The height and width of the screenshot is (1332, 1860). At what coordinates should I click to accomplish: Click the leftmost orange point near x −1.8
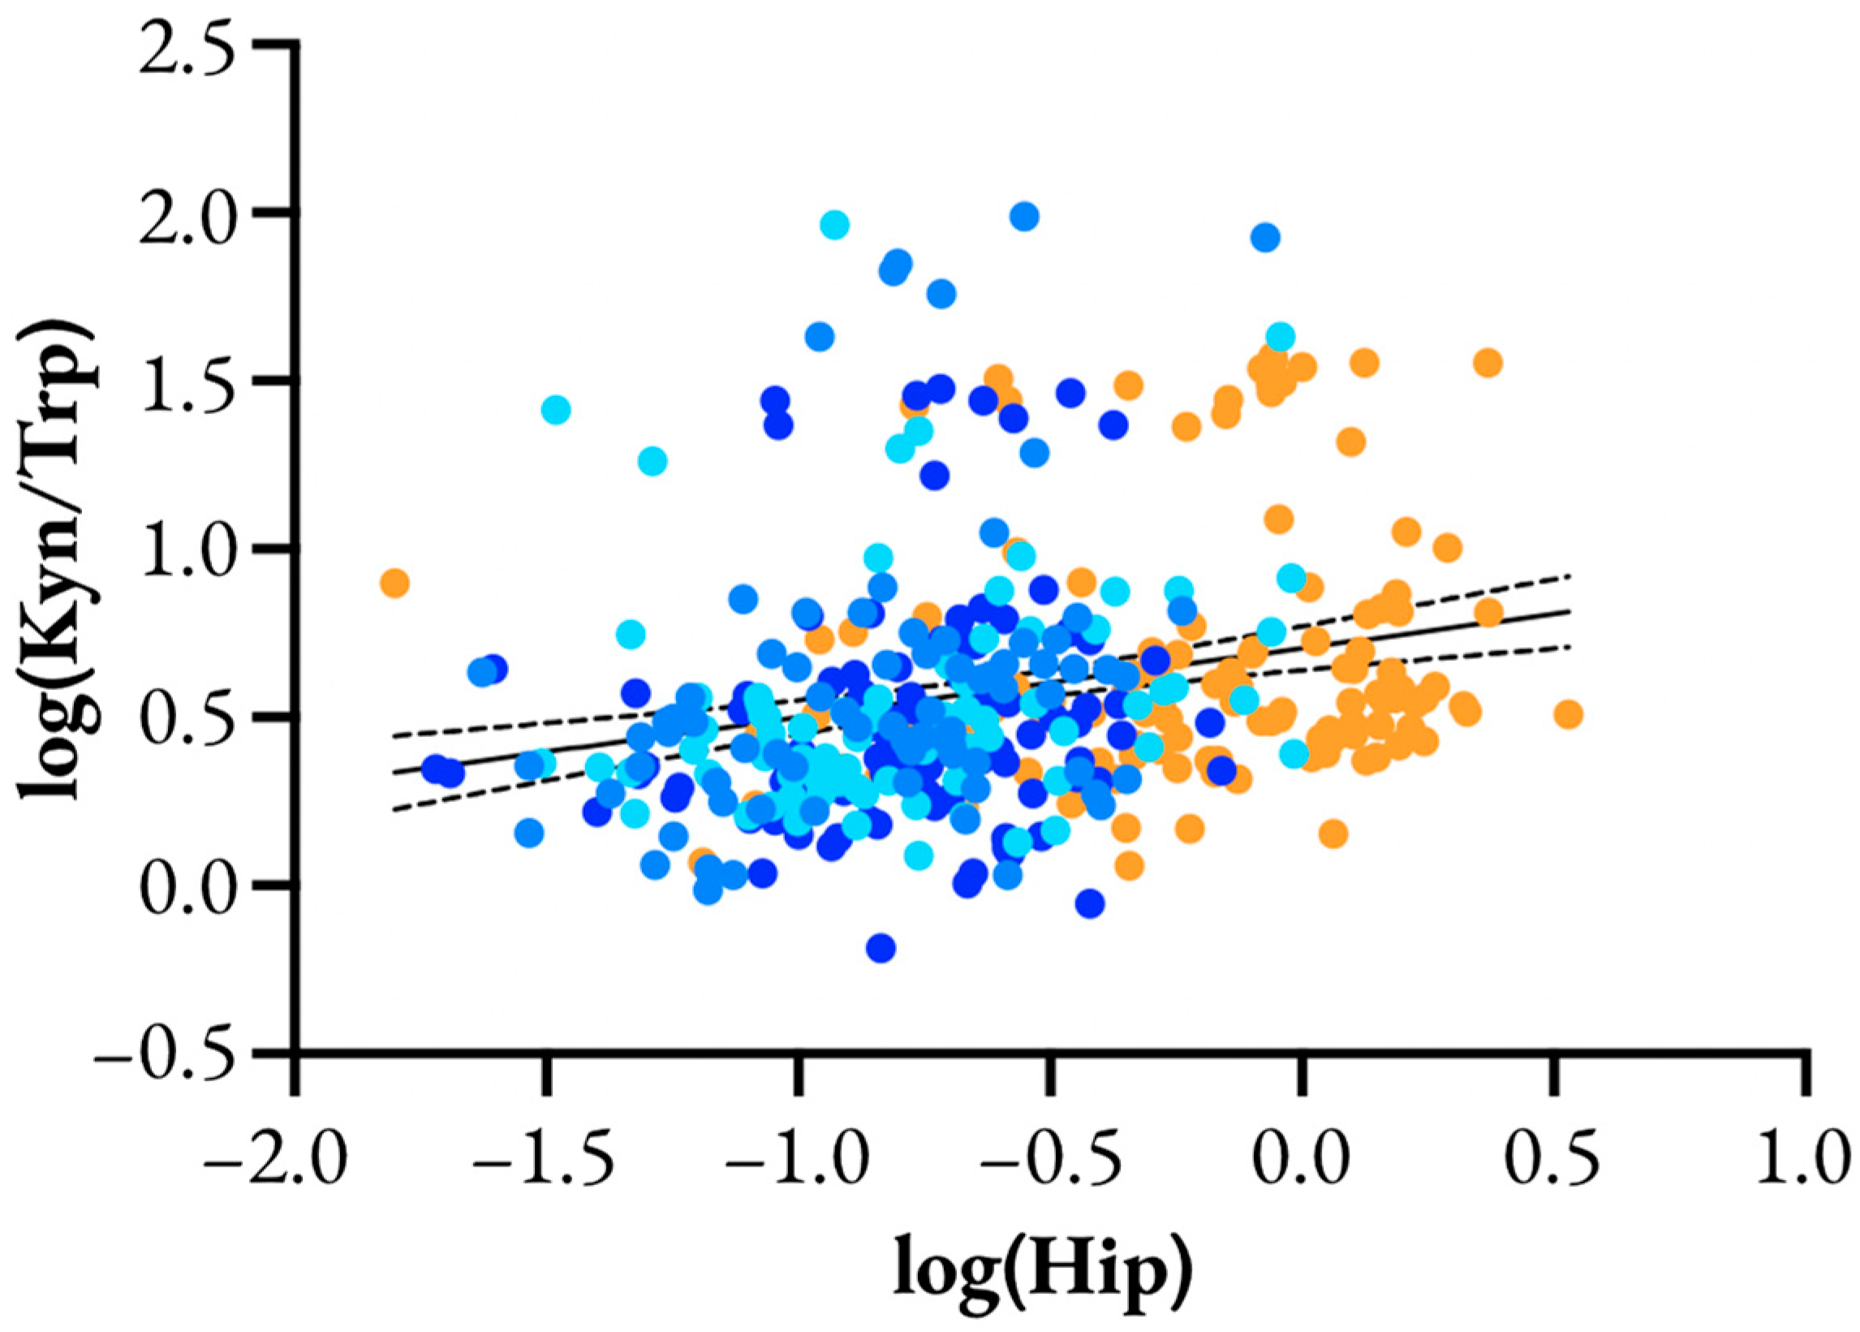[394, 583]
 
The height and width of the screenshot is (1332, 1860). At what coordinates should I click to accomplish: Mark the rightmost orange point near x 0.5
[1567, 714]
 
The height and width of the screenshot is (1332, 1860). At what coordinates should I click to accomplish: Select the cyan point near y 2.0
[834, 223]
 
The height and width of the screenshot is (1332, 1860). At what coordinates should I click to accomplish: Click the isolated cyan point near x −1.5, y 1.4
[556, 409]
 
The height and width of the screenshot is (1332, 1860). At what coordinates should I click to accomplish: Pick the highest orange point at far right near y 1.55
[1487, 362]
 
